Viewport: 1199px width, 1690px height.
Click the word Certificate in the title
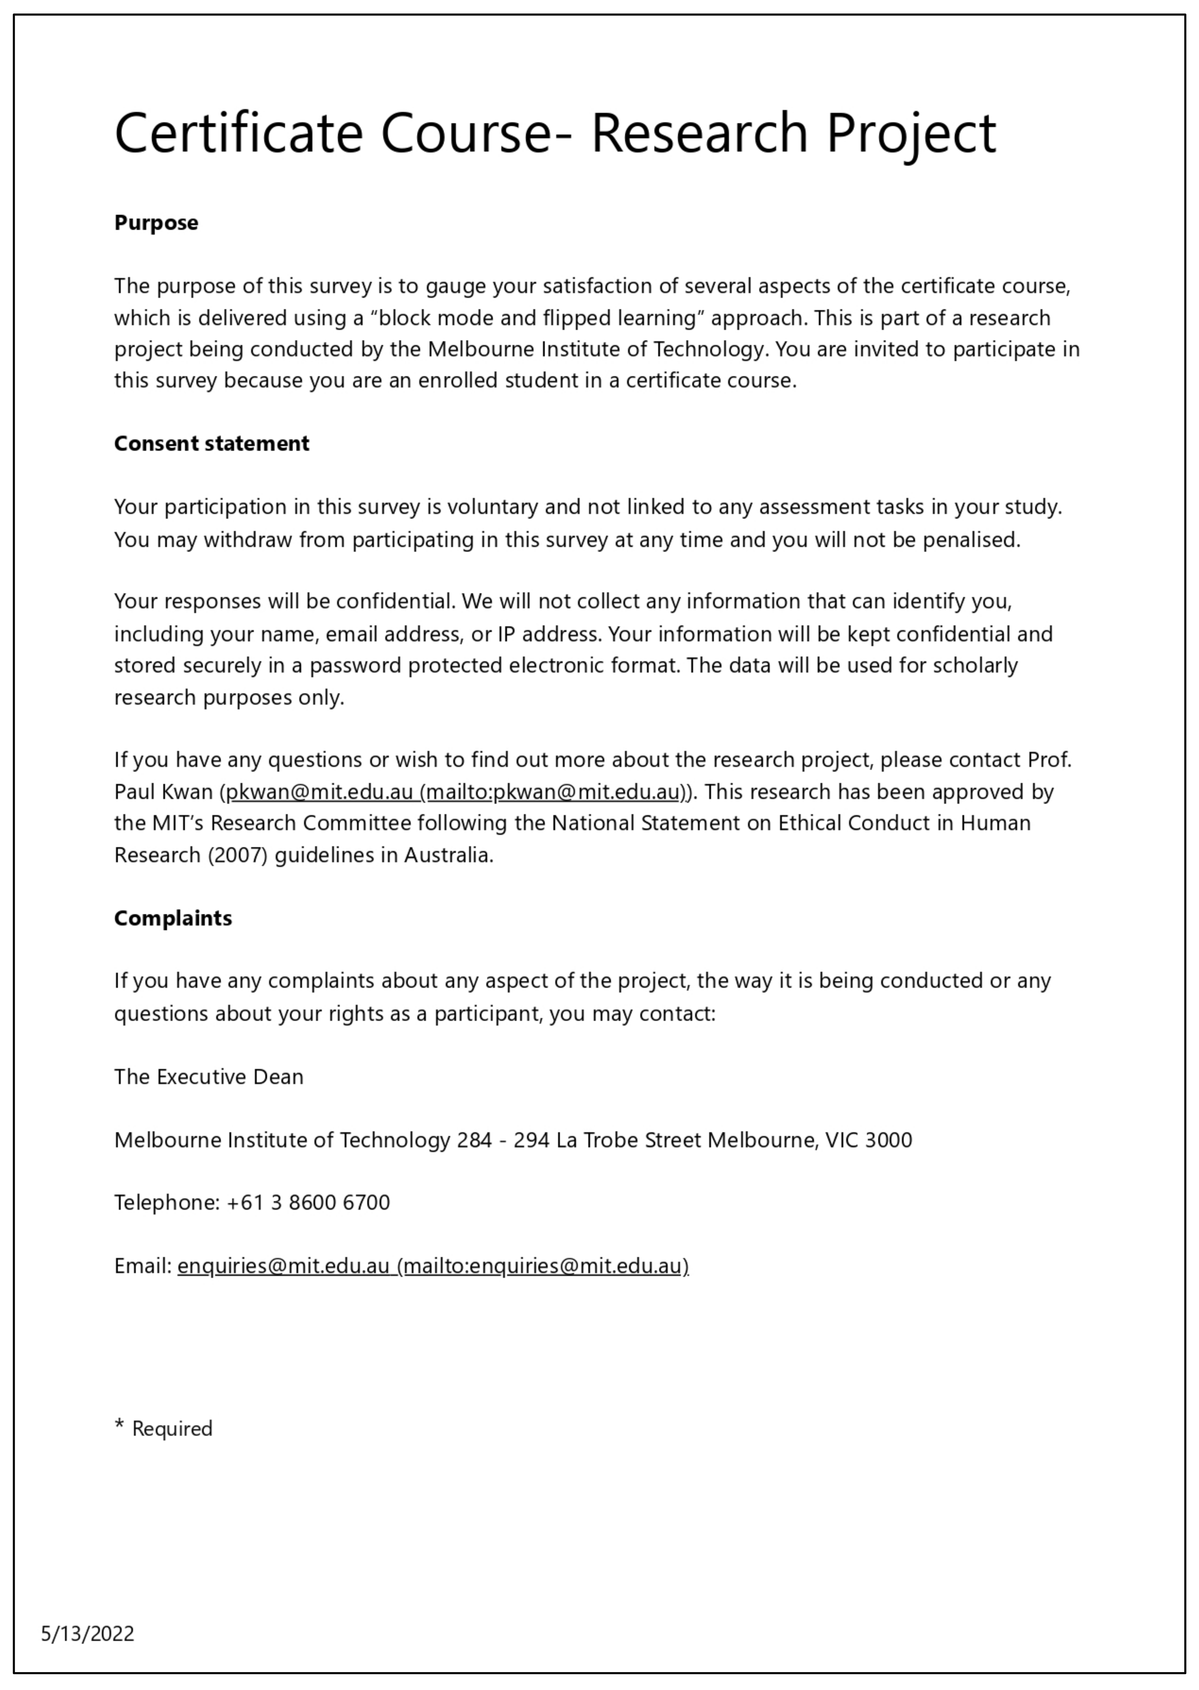pyautogui.click(x=238, y=133)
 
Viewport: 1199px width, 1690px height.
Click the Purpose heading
pyautogui.click(x=156, y=223)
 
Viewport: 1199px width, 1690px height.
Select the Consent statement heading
pyautogui.click(x=211, y=444)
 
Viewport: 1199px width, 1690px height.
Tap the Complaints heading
pyautogui.click(x=173, y=918)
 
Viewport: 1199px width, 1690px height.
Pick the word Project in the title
pyautogui.click(x=911, y=133)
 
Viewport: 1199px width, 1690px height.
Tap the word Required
pyautogui.click(x=172, y=1429)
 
